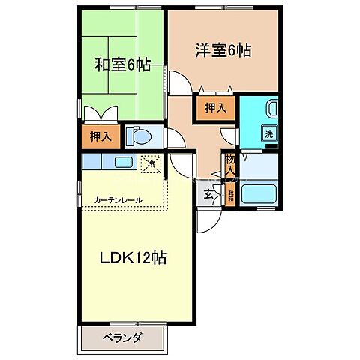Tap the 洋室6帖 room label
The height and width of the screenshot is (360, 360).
(223, 51)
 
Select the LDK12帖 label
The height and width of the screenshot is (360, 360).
(133, 257)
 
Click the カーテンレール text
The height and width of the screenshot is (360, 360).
(118, 200)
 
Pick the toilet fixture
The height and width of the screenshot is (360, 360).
(139, 137)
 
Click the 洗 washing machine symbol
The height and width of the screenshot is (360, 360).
(268, 134)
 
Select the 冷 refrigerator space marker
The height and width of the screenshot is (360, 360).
(151, 162)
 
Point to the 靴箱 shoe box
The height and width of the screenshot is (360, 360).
(231, 194)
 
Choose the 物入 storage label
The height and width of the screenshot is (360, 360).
(230, 164)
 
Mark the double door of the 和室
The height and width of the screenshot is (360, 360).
(100, 115)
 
